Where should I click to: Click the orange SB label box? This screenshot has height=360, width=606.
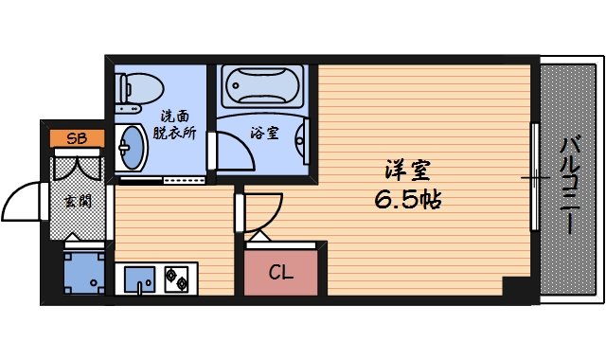72,139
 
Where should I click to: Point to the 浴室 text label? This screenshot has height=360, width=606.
266,134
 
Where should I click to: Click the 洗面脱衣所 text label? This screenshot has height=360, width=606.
175,125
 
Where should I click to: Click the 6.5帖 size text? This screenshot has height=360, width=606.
408,200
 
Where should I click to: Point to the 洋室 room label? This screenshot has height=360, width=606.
409,171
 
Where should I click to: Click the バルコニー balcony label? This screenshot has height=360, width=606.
570,186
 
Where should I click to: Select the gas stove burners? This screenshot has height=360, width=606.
177,279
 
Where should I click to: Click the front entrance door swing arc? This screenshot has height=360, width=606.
24,202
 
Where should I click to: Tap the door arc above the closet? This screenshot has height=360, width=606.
264,213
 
